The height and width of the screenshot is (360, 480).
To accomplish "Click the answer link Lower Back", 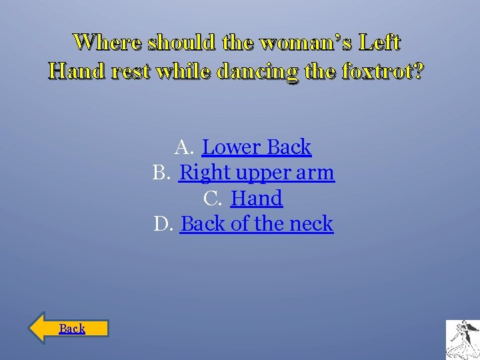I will click(257, 147).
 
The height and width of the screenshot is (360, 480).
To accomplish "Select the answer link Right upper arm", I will click(257, 173).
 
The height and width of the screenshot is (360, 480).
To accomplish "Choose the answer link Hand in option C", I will click(257, 199).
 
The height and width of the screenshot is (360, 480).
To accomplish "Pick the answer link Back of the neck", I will click(257, 224).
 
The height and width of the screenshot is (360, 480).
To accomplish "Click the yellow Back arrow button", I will click(69, 328).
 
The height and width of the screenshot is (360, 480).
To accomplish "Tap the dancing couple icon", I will click(462, 339).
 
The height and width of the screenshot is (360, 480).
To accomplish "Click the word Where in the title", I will click(107, 43).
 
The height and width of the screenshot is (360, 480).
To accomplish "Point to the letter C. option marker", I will click(213, 199).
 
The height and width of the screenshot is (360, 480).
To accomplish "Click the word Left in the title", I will click(379, 43).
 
